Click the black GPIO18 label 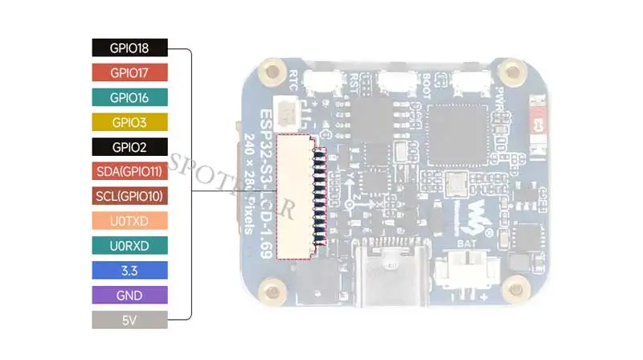tap(129, 48)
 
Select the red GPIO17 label tap(129, 73)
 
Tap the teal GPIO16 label tap(129, 97)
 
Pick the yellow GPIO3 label tap(129, 122)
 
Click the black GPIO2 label tap(129, 147)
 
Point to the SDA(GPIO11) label tap(129, 171)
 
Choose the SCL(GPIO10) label tap(129, 196)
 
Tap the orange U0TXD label tap(129, 221)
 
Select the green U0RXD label tap(129, 245)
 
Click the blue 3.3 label tap(129, 270)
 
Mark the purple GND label tap(129, 295)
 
